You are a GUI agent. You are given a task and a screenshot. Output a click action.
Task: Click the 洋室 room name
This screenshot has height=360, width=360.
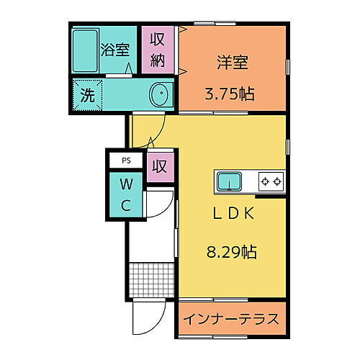pyautogui.click(x=233, y=63)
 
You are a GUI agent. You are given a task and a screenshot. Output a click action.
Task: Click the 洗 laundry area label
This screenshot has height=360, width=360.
pyautogui.click(x=87, y=94)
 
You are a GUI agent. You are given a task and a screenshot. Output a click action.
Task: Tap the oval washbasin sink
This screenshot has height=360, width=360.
pyautogui.click(x=159, y=94)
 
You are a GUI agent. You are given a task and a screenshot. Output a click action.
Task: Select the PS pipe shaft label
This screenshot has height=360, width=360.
pyautogui.click(x=125, y=161)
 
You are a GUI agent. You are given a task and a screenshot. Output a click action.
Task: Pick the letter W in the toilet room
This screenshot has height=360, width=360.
pyautogui.click(x=125, y=182)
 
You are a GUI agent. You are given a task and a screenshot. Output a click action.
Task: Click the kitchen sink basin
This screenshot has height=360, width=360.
pyautogui.click(x=230, y=180)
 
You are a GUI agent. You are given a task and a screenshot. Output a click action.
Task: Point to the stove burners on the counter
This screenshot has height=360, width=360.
pyautogui.click(x=271, y=180)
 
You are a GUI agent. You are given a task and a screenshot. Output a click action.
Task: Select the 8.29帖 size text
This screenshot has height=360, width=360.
pyautogui.click(x=230, y=252)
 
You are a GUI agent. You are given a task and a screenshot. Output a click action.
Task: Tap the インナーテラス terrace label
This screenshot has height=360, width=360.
pyautogui.click(x=230, y=319)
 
